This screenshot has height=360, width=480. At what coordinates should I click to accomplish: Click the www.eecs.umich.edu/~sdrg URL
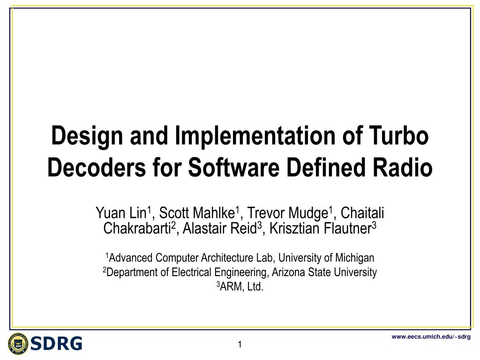pyautogui.click(x=431, y=337)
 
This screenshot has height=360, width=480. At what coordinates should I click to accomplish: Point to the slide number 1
pyautogui.click(x=239, y=345)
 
